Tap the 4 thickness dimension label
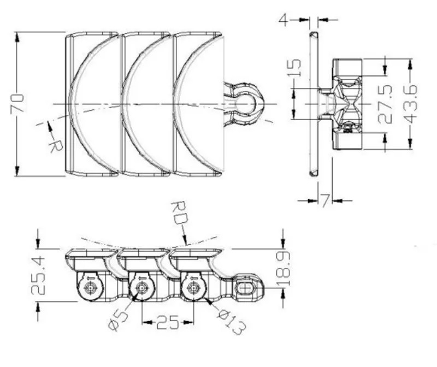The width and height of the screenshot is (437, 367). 283,20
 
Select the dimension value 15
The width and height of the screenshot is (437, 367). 294,68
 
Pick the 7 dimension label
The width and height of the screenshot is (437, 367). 325,201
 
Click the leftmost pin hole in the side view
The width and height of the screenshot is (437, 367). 89,287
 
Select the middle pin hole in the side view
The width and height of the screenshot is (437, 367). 141,287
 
